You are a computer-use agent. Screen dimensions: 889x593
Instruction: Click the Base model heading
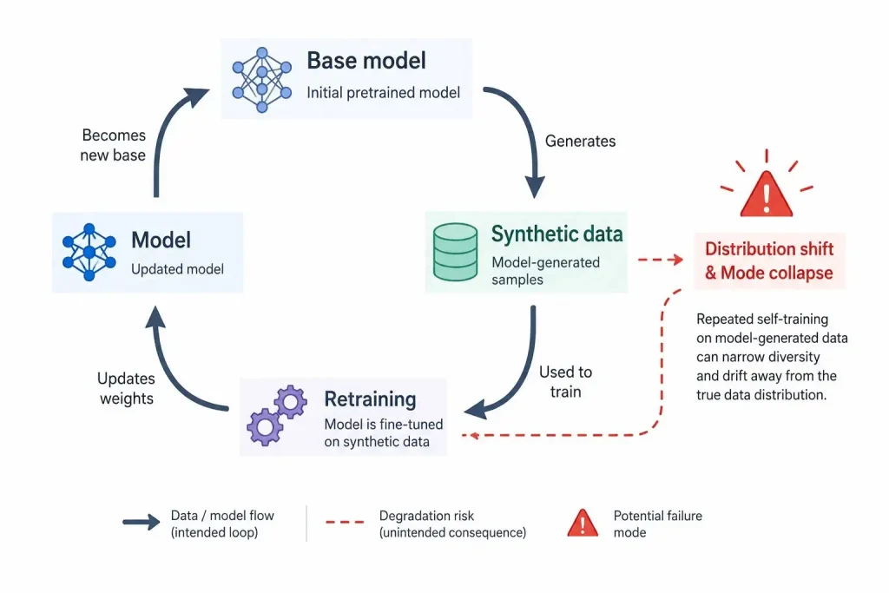click(366, 61)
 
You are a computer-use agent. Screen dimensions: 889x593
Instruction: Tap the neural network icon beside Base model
click(262, 80)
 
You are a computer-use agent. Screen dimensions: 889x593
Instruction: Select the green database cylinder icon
click(455, 252)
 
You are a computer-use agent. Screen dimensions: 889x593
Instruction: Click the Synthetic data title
click(556, 234)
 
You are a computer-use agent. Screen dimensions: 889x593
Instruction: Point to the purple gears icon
click(277, 415)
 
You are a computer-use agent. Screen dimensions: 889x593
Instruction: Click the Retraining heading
click(370, 399)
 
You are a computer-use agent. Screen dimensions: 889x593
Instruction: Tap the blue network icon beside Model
click(89, 253)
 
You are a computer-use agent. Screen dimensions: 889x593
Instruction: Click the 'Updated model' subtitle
click(177, 269)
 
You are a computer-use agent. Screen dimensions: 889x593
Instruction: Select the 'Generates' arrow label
click(580, 141)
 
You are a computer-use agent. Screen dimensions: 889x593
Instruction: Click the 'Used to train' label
click(565, 381)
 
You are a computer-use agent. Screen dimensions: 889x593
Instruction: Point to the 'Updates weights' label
click(126, 388)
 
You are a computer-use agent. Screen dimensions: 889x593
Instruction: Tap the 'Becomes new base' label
click(113, 145)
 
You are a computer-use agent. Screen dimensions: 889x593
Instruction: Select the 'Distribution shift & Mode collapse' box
click(769, 260)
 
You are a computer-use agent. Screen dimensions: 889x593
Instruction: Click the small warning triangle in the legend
click(583, 523)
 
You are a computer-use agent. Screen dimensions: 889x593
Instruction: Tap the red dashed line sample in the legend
click(345, 522)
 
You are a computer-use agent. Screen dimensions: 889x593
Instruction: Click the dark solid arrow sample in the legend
click(142, 522)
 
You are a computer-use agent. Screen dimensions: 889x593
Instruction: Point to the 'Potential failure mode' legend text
click(658, 524)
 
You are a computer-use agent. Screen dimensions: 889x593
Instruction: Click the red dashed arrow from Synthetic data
click(661, 260)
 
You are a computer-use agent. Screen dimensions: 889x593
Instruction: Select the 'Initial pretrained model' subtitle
click(383, 92)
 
